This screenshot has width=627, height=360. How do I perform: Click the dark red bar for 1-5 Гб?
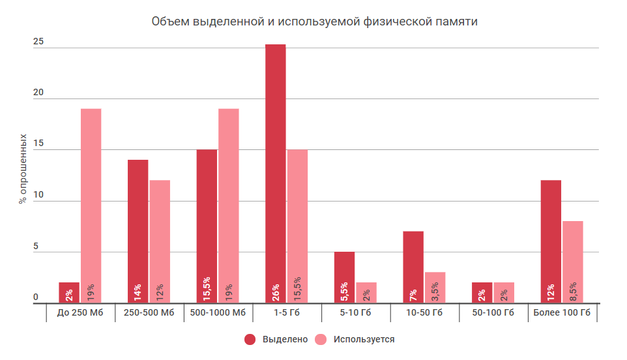(275, 173)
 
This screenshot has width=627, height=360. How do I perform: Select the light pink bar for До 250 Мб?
(91, 205)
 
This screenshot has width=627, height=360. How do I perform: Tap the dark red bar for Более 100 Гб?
(551, 241)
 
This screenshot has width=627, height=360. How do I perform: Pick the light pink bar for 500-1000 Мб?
(228, 205)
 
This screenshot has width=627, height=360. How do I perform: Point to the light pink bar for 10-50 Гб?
(435, 287)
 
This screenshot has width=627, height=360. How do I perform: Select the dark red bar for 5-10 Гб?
(344, 277)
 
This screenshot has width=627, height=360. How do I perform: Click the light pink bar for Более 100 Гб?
(573, 262)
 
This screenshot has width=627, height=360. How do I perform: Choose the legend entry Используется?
(356, 339)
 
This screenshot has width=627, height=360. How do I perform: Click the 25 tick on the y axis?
(38, 42)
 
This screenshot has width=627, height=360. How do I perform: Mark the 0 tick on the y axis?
(36, 297)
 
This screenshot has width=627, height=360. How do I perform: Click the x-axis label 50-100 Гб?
(493, 314)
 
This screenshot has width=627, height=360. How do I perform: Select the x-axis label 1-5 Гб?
(287, 314)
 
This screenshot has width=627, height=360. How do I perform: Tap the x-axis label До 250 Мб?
(80, 314)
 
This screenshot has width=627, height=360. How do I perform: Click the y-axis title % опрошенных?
(23, 170)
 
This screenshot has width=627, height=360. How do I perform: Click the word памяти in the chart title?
(455, 22)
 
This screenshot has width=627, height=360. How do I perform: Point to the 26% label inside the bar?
(276, 291)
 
